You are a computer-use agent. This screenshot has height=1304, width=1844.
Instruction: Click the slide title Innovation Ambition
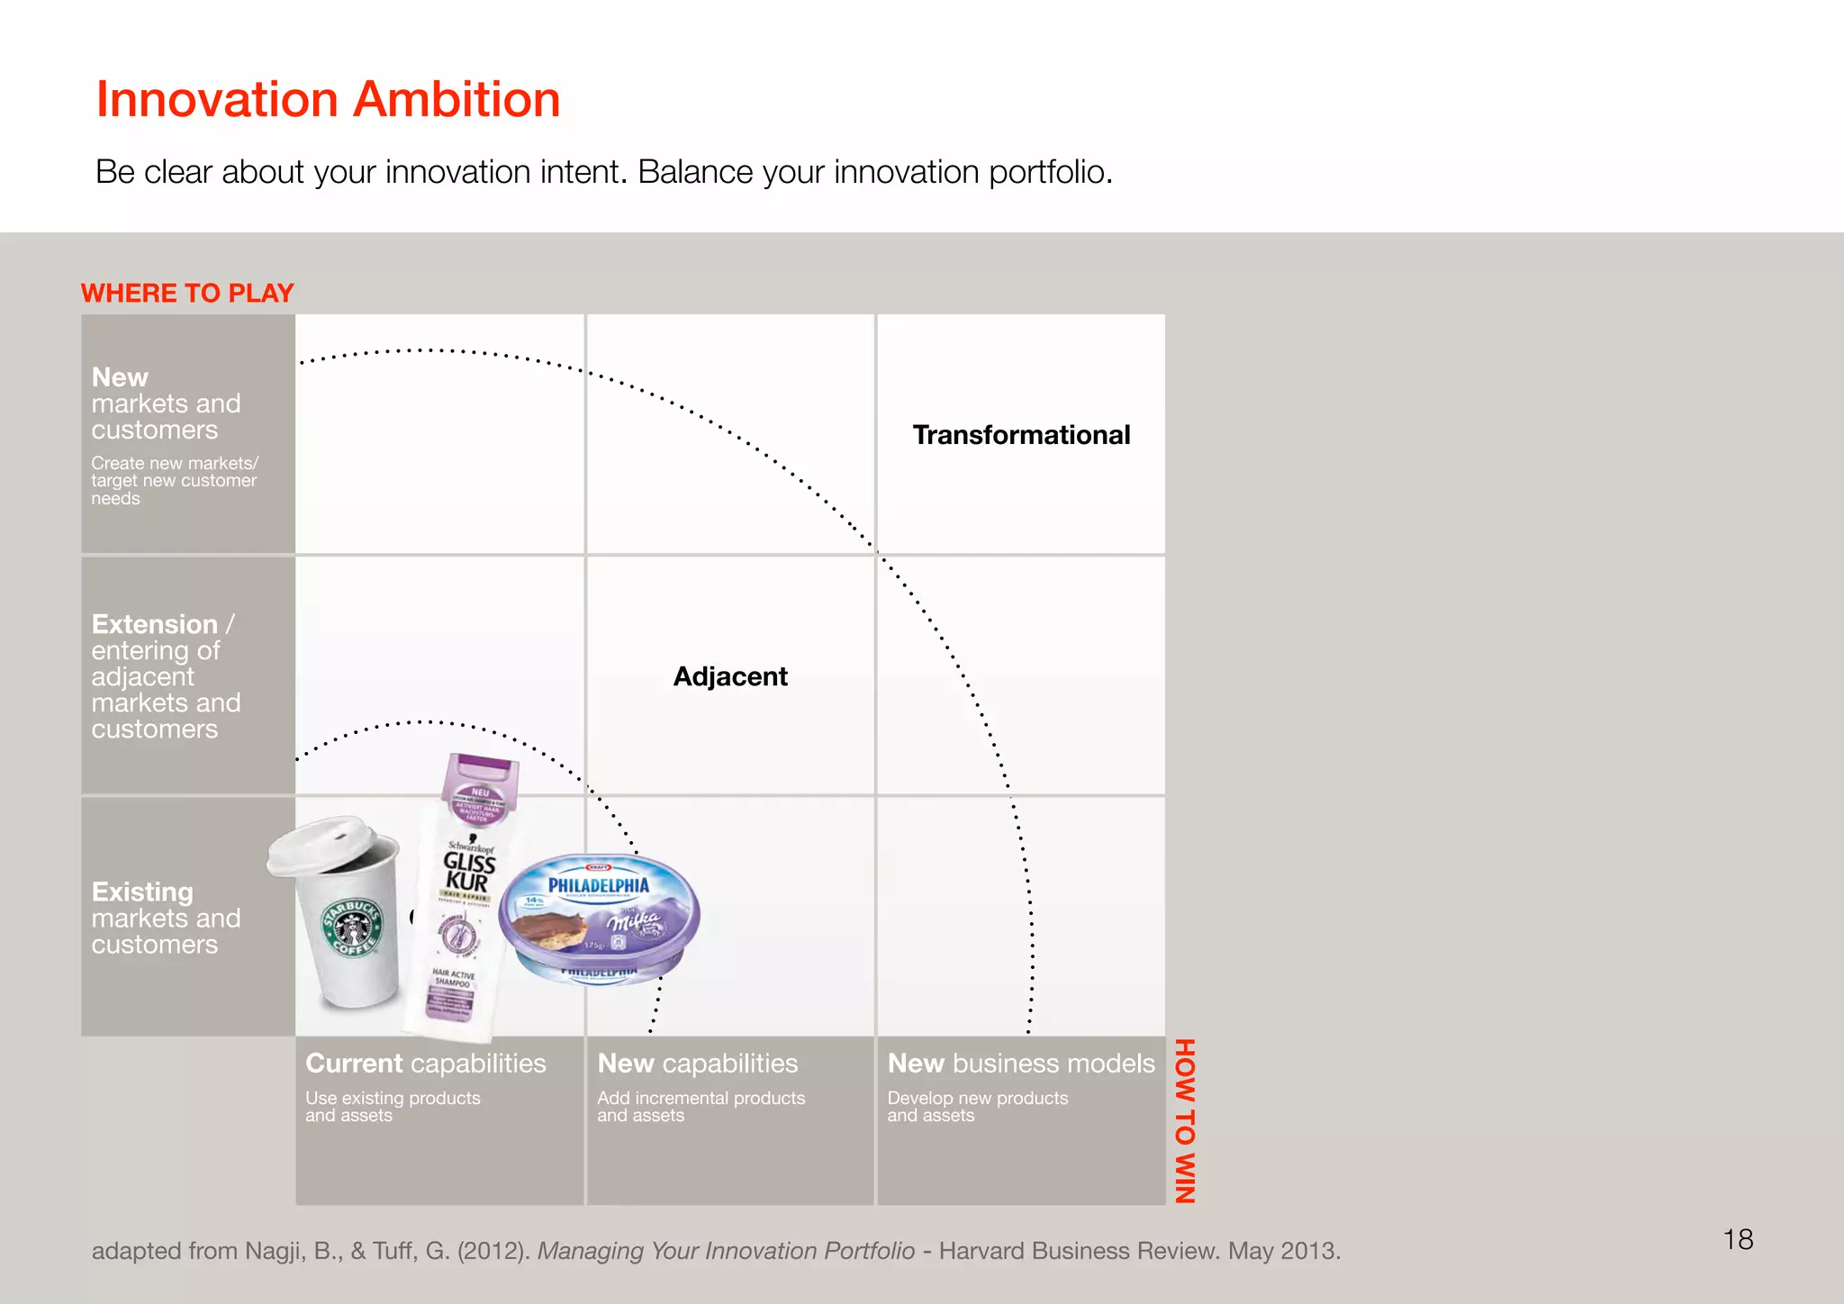click(328, 99)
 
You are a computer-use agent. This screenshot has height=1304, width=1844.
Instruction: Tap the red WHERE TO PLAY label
click(187, 294)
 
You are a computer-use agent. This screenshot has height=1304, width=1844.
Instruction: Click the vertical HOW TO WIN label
click(1185, 1120)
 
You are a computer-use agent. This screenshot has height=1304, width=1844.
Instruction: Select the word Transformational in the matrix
click(1021, 435)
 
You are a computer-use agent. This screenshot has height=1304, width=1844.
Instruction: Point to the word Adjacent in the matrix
click(730, 676)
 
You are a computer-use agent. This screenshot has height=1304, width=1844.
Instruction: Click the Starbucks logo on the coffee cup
click(354, 928)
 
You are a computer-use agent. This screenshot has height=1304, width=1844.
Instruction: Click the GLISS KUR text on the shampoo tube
click(468, 872)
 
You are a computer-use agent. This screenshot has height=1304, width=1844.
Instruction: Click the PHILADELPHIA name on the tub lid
click(599, 885)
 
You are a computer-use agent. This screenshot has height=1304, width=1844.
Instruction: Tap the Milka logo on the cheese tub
click(634, 921)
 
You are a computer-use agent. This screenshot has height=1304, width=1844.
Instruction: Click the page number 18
click(1738, 1240)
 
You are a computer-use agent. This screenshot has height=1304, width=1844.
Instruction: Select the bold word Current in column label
click(354, 1064)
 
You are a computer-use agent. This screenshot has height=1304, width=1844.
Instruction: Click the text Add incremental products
click(701, 1098)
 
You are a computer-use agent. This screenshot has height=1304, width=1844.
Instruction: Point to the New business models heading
click(1021, 1064)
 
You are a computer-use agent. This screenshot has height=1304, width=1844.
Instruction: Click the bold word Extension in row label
click(155, 624)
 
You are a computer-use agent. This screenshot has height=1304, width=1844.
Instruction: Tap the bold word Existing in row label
click(142, 892)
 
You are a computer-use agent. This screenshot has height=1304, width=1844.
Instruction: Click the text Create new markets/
click(175, 463)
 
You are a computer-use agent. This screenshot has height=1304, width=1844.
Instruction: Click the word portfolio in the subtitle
click(1049, 172)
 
